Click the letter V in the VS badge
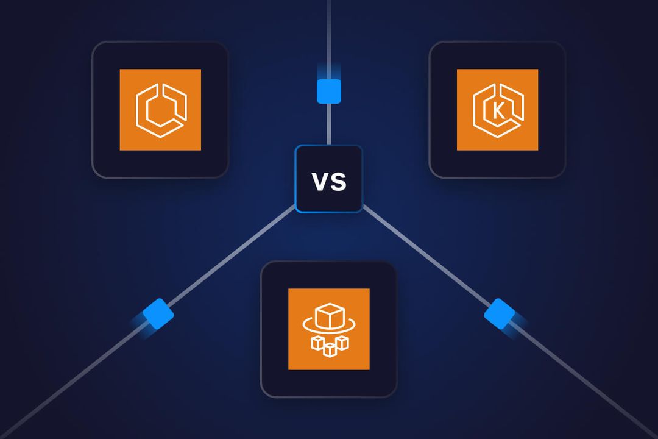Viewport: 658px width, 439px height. coord(320,182)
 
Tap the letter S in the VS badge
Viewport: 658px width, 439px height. coord(338,182)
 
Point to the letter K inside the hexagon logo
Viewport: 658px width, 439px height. coord(498,112)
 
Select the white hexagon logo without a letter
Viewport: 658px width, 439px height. coord(160,110)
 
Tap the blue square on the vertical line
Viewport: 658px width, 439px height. coord(329,91)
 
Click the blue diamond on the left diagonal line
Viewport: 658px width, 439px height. coord(158,314)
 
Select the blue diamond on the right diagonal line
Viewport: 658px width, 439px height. coord(500,314)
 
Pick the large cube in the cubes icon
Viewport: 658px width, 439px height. coord(328,317)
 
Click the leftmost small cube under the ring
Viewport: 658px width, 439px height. coord(317,343)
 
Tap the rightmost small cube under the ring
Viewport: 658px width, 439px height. coord(342,343)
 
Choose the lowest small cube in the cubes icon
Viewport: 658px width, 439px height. coord(330,350)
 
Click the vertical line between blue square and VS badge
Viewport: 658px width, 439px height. coord(329,125)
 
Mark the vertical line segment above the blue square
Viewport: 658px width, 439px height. coord(329,37)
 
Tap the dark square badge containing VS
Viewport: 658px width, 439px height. coord(329,196)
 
